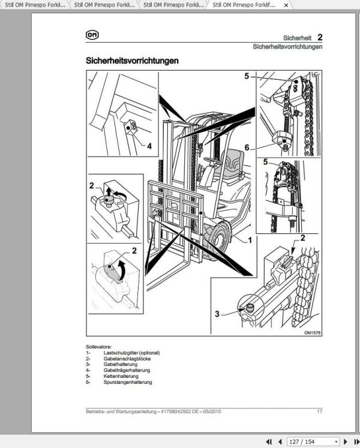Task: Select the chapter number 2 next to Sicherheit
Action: [320, 38]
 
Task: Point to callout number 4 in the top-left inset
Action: [149, 145]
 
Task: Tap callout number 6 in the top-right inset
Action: [246, 147]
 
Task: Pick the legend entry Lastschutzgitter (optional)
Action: [131, 353]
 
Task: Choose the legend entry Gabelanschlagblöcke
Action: [127, 359]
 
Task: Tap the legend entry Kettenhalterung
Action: [121, 376]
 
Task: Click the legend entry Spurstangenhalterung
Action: [127, 382]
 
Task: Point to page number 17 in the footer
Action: [320, 411]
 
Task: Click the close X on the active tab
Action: [285, 5]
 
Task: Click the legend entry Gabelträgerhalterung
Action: [127, 370]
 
